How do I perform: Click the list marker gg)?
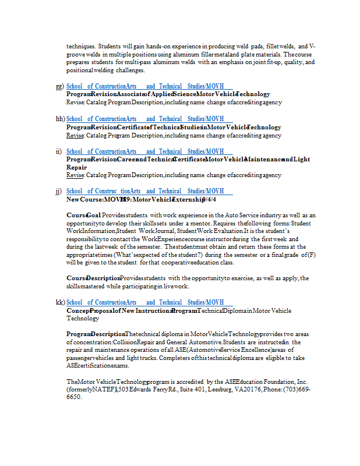click(x=59, y=86)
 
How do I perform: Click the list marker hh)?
click(x=59, y=119)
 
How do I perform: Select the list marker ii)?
click(x=59, y=151)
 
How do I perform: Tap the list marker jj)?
click(x=59, y=191)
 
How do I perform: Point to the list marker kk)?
click(x=59, y=302)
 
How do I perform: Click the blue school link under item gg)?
click(x=145, y=86)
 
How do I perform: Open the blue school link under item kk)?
click(x=145, y=302)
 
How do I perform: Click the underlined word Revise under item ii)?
click(x=75, y=175)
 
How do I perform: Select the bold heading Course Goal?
click(x=84, y=216)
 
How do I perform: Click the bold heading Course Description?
click(x=93, y=278)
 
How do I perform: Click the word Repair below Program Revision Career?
click(x=76, y=167)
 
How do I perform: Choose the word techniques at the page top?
click(x=80, y=46)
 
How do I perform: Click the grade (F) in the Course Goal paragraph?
click(x=311, y=255)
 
